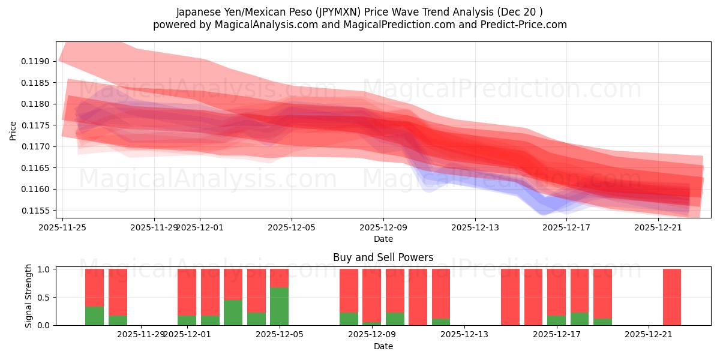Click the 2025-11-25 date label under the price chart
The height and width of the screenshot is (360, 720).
point(63,227)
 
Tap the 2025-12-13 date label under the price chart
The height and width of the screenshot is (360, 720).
point(475,227)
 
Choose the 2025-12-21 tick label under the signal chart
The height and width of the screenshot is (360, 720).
point(649,335)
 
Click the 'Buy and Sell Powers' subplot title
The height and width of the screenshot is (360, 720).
point(383,257)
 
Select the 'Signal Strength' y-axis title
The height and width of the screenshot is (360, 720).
point(29,296)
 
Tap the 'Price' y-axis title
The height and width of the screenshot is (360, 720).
point(13,130)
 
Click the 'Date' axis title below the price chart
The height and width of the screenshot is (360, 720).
point(383,239)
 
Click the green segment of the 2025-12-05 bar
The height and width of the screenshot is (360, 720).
point(279,306)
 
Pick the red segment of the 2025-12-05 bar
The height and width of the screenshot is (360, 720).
point(279,278)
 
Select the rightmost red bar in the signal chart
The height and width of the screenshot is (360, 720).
point(672,297)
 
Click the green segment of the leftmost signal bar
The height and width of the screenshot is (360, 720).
point(94,316)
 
